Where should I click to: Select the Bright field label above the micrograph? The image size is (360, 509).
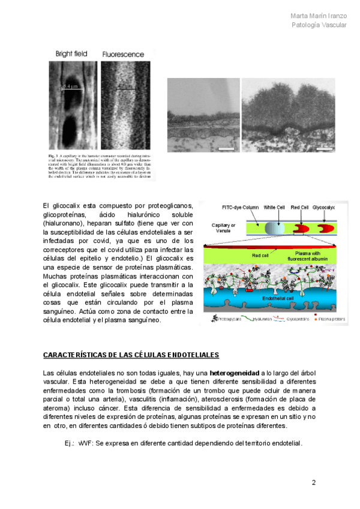tap(71, 54)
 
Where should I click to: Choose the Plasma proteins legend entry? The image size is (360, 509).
tap(332, 320)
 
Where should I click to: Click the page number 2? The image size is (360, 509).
tap(313, 482)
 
